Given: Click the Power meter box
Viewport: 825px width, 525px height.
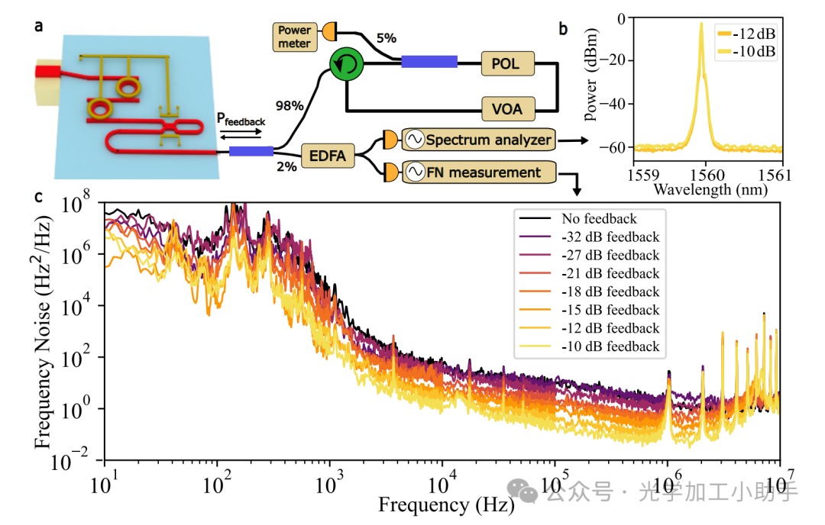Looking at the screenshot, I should pos(294,37).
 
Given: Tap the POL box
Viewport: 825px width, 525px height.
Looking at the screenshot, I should pos(507,64).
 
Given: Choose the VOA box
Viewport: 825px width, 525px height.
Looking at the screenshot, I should pos(507,109).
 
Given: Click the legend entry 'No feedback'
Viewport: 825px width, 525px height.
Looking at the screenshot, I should pos(598,219).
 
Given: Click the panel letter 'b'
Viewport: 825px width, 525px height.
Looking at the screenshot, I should pos(563,30).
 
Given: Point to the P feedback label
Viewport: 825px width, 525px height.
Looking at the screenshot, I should pos(241,121).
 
